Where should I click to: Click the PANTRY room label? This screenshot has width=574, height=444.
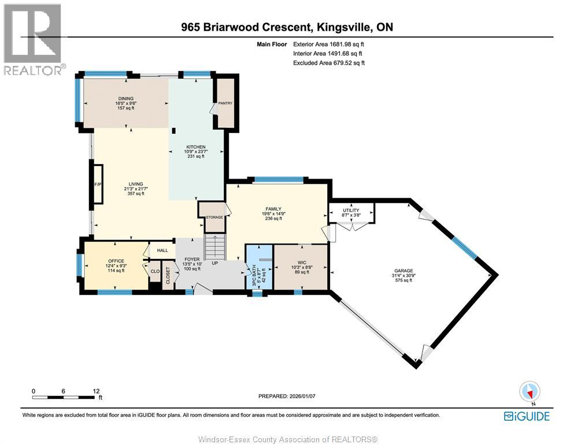coord(225,103)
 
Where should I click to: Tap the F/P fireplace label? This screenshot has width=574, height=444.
coord(98,185)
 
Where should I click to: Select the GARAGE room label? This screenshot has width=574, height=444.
coord(403,270)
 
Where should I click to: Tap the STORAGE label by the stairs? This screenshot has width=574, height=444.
coord(214,217)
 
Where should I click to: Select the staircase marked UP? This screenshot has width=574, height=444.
coord(214,247)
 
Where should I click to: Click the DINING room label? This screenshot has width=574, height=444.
coord(125,98)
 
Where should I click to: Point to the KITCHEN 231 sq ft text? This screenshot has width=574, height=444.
coord(196,156)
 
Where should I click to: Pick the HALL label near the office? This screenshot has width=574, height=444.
coord(162,250)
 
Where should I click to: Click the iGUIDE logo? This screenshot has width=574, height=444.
coord(526,416)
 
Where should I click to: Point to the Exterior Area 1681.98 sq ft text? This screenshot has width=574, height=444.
coord(328,44)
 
